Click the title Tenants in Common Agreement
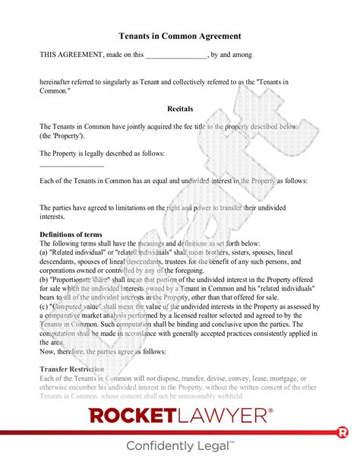point(180,35)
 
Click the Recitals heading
point(180,107)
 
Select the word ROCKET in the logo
point(135,415)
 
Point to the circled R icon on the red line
point(342,433)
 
